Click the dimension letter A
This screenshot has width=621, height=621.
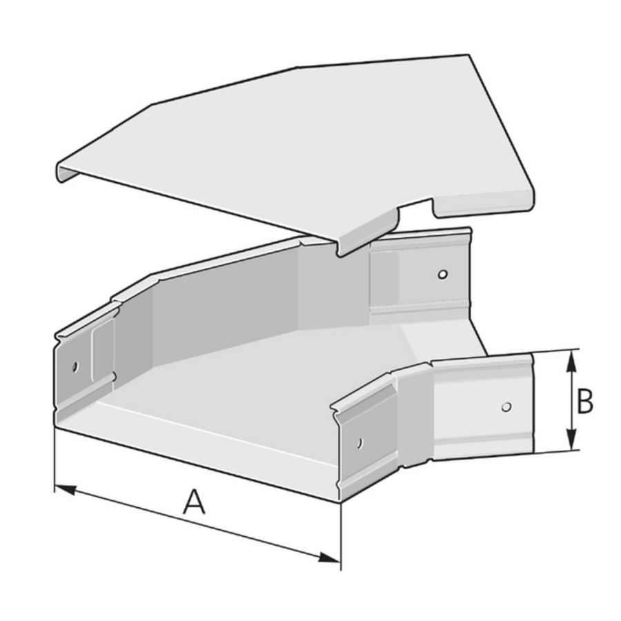click(x=194, y=502)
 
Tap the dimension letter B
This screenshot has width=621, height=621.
click(x=584, y=401)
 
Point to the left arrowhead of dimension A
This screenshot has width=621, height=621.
click(x=65, y=489)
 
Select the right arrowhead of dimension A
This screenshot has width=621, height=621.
click(x=328, y=558)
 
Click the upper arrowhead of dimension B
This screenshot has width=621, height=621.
click(x=570, y=361)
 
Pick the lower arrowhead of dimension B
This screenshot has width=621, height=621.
click(x=570, y=440)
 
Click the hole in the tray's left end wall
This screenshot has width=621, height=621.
click(x=75, y=366)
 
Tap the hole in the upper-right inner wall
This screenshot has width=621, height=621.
click(x=443, y=274)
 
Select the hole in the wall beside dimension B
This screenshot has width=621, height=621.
click(x=506, y=406)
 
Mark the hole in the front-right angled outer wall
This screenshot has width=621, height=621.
click(x=359, y=442)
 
